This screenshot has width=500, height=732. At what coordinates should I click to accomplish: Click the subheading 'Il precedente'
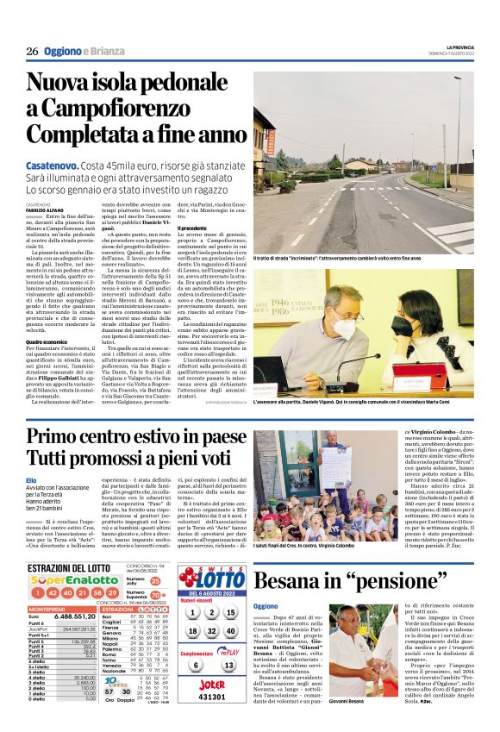191,228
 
